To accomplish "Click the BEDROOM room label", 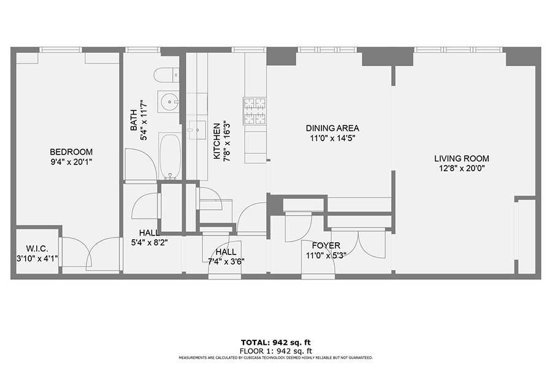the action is [x=71, y=151].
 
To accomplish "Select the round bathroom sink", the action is [x=169, y=101].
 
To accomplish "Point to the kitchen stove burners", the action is [x=255, y=111].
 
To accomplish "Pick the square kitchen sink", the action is [x=197, y=130].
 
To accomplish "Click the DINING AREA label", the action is [x=332, y=128].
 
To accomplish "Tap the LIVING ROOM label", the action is [x=461, y=158].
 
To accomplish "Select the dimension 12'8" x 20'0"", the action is [x=462, y=168].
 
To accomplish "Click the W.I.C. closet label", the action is [x=37, y=248].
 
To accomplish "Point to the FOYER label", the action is [x=326, y=245].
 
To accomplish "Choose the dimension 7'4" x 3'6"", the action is [x=226, y=261].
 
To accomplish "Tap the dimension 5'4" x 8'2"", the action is [x=149, y=242].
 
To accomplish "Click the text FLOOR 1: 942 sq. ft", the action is [x=275, y=351].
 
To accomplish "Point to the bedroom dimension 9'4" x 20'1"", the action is [x=72, y=162].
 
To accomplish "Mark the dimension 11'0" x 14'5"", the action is [x=332, y=138].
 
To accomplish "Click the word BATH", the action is [x=134, y=120].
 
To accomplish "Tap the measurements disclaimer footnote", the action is [x=275, y=358].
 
